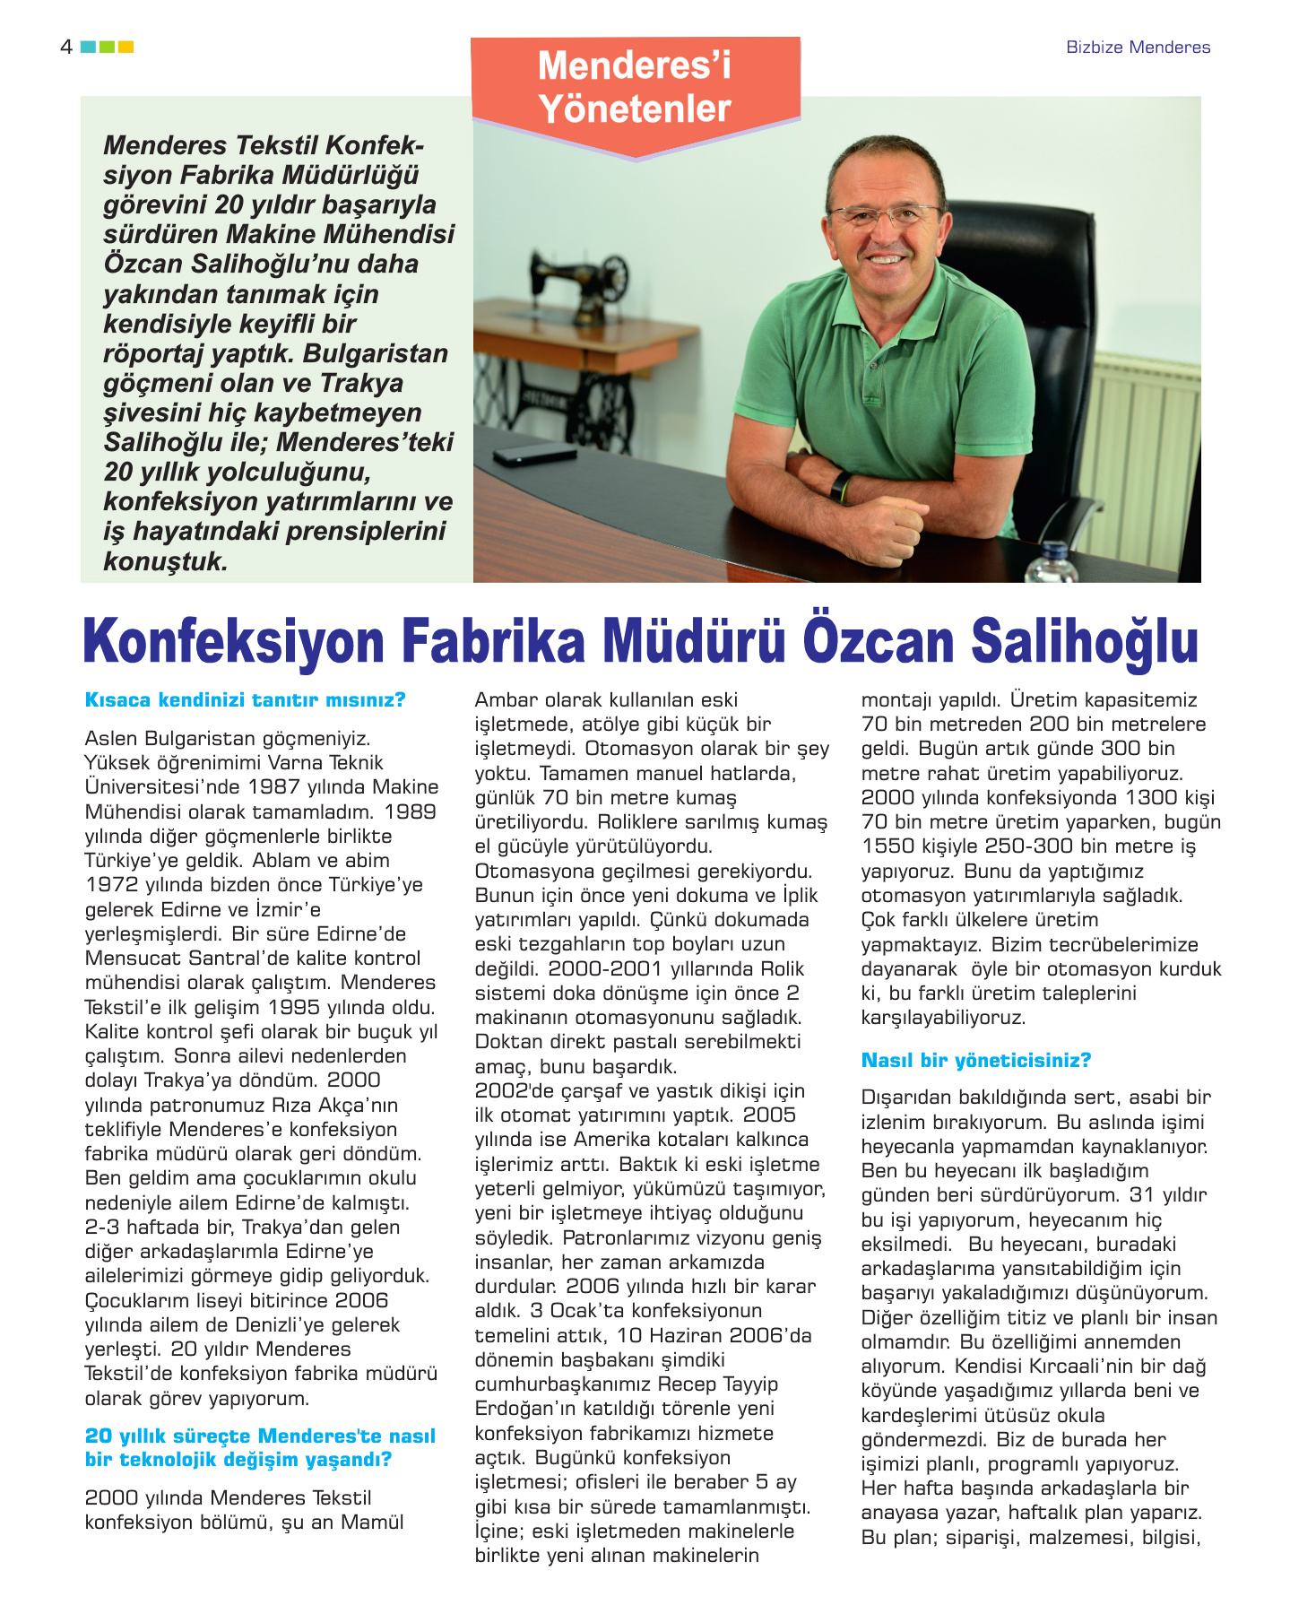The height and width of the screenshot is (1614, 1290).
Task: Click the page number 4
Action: tap(65, 47)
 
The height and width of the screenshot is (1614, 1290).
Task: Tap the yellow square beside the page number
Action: tap(126, 47)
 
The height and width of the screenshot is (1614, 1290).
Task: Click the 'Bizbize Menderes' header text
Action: tap(1138, 48)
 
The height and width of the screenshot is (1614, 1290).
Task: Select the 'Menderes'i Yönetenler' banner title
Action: tap(635, 87)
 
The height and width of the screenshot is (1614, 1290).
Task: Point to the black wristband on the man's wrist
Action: tap(840, 486)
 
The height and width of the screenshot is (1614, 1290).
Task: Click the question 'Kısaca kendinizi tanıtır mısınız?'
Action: tap(245, 700)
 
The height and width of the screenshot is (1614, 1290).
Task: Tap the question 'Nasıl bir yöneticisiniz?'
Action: tap(975, 1061)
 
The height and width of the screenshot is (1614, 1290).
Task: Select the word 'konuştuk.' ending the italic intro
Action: tap(166, 561)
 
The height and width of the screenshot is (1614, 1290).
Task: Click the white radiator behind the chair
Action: tap(1147, 448)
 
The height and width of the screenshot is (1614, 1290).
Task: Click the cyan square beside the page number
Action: tap(88, 47)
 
